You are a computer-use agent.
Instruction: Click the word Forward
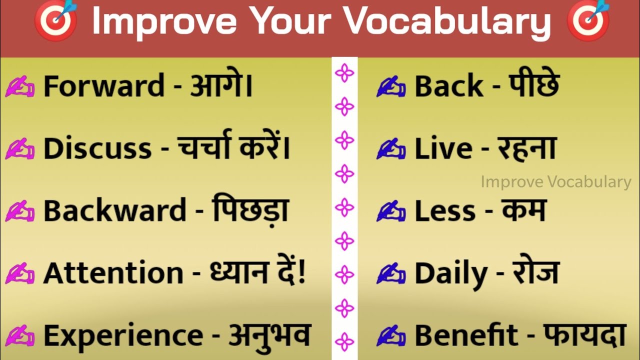103,86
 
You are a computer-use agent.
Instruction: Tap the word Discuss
97,149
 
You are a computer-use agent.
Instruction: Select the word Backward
114,211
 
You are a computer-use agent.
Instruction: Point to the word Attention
113,273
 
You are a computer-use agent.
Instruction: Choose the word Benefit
466,335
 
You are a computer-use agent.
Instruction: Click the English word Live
443,149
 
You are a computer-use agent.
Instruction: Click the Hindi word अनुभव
270,335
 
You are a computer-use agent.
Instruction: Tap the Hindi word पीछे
533,86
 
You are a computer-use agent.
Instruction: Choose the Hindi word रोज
535,273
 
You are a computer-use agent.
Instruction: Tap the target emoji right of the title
588,21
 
